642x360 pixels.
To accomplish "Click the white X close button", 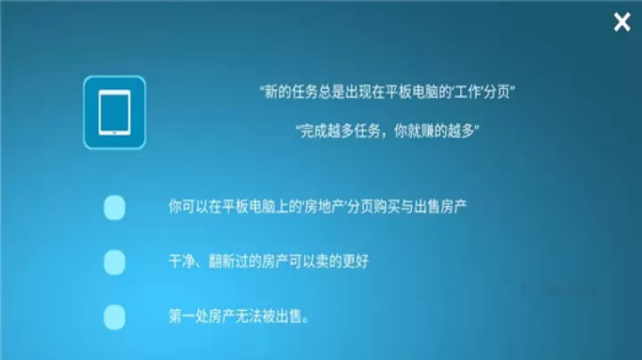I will [621, 23].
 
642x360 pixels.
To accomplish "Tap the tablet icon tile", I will [114, 112].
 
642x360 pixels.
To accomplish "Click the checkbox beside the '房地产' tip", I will [114, 207].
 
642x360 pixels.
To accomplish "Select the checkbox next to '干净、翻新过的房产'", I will [114, 262].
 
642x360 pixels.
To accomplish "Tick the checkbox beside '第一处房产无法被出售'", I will [114, 316].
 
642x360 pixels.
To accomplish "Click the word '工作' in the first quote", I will [464, 92].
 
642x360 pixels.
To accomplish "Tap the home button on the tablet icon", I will [114, 135].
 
